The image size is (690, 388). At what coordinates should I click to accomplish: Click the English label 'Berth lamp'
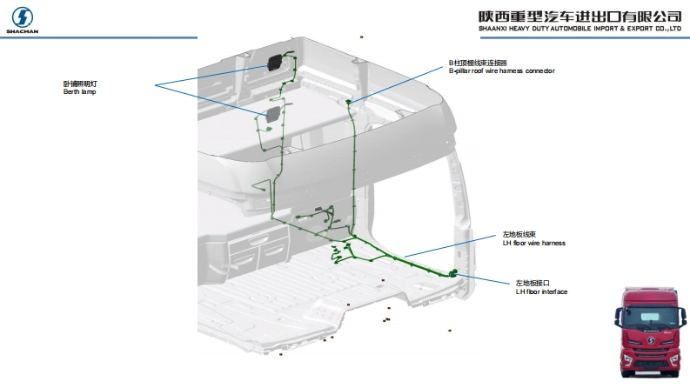(x=79, y=91)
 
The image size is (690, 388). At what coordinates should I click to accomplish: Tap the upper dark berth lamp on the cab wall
(x=275, y=64)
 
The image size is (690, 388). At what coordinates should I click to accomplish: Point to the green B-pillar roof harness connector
(x=350, y=102)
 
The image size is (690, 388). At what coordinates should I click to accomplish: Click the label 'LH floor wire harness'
(x=533, y=243)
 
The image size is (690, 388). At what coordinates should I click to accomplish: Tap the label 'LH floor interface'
(x=541, y=291)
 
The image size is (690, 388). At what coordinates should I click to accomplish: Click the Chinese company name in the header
(x=579, y=16)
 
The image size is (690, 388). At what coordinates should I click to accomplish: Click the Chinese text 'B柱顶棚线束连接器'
(x=477, y=63)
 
